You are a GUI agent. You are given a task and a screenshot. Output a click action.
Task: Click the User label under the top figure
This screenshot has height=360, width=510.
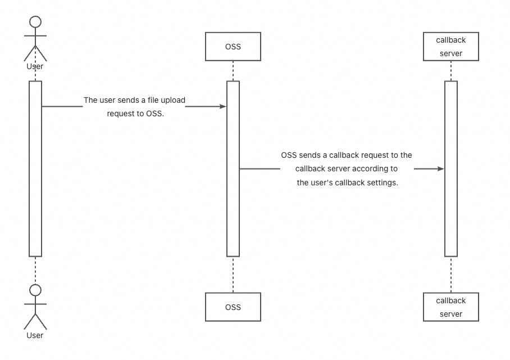pos(35,66)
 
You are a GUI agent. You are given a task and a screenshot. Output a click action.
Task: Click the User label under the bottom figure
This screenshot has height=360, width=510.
pos(35,335)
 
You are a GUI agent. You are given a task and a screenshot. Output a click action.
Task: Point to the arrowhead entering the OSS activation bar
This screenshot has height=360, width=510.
pos(223,106)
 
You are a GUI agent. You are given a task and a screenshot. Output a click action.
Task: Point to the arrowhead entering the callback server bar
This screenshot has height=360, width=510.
pos(441,169)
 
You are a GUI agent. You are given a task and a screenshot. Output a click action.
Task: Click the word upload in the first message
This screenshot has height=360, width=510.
pos(173,100)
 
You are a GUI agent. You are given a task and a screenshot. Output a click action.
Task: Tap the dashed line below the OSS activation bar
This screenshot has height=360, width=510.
pos(233,275)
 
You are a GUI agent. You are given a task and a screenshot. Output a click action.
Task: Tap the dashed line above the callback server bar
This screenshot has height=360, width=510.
pos(451,71)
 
